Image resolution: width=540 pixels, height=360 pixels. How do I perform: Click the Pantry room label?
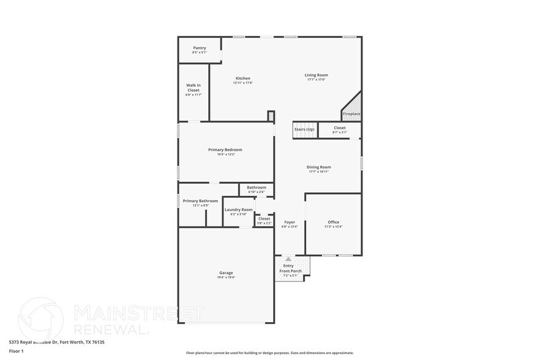200,48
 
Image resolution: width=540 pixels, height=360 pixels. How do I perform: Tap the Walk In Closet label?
193,88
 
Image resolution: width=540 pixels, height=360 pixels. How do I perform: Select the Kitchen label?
243,78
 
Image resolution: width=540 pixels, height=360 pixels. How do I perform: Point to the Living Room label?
316,75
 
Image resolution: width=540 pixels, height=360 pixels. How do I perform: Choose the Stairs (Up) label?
304,129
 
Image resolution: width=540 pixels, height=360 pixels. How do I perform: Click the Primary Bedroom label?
225,149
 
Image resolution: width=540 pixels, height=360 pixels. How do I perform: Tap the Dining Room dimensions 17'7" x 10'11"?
319,172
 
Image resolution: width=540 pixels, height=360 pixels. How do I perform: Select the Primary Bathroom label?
200,201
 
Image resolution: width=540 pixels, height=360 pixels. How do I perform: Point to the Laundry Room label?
238,209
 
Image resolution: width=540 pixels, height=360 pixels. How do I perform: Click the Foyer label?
289,222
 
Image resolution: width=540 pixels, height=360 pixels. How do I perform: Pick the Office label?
333,222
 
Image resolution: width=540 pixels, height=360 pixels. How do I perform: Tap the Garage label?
226,272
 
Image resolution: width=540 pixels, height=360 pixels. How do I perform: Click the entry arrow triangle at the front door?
288,259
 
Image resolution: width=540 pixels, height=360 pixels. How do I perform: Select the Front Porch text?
291,271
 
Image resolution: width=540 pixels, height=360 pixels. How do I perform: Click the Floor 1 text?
16,351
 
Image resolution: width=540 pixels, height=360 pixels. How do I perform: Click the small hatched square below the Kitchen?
271,115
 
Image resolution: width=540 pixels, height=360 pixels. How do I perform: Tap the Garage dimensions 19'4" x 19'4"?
226,277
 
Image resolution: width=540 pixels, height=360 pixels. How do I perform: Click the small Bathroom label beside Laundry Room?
257,187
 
